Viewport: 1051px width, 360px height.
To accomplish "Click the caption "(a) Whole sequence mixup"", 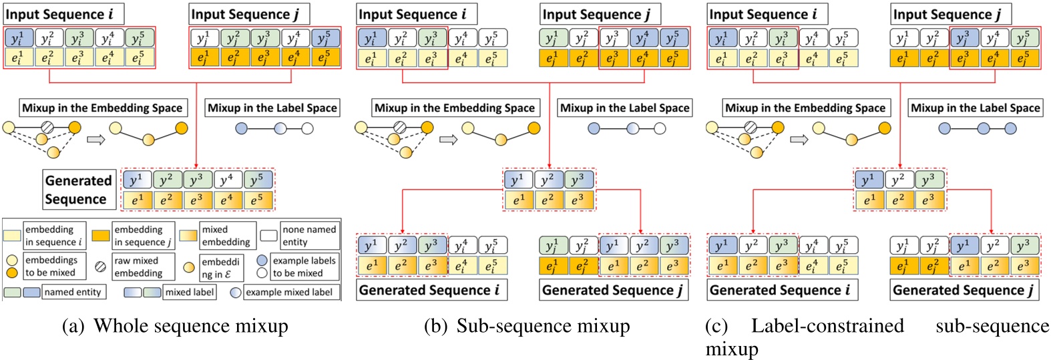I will click(175, 326).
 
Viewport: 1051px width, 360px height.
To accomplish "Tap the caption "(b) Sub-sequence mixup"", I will click(527, 326).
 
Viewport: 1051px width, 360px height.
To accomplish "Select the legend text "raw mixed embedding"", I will click(138, 266).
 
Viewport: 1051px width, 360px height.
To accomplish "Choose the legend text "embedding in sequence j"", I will click(142, 235).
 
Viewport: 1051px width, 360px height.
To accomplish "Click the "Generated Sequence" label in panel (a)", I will click(77, 190).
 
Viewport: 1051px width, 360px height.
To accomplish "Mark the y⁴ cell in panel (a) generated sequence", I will click(228, 179).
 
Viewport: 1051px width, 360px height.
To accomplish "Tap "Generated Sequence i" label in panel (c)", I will click(780, 290).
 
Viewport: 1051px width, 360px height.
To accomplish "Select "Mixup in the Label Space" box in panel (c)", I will click(975, 108).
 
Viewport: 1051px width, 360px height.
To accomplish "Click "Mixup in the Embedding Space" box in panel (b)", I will click(454, 108).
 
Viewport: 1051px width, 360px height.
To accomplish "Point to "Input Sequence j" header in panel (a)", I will click(244, 14).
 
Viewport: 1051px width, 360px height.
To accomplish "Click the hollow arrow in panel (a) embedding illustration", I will click(97, 140).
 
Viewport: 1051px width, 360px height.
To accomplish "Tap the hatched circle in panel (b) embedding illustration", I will click(399, 127).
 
